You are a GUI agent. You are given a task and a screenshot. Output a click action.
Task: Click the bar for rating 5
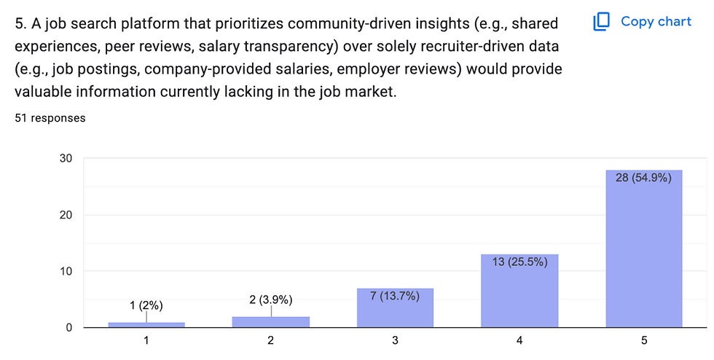coord(644,248)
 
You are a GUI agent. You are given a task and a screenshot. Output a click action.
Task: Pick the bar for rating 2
coord(270,322)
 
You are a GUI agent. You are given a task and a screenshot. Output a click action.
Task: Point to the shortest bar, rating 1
coord(146,325)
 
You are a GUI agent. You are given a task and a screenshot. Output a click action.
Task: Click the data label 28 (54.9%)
coord(643,177)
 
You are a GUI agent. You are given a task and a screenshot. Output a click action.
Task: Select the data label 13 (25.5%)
coord(519,262)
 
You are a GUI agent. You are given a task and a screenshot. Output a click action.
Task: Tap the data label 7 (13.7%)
coord(395,296)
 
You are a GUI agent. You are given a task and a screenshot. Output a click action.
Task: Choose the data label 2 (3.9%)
coord(270,300)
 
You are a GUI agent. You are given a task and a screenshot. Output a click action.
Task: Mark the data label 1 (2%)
coord(146,305)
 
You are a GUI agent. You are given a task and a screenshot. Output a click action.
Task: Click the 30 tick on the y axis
coord(66,158)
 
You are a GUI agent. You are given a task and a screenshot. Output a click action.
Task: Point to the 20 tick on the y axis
coord(66,215)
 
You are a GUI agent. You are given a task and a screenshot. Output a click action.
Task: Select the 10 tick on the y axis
coord(66,271)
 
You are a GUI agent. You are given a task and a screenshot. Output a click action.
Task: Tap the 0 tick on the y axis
coord(68,327)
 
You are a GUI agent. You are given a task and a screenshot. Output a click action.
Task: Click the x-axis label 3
coord(395,341)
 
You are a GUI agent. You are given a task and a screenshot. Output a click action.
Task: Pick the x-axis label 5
coord(644,341)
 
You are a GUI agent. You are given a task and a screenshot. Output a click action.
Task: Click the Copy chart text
coord(656,21)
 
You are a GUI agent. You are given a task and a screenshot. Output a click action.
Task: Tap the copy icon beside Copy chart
coord(601,21)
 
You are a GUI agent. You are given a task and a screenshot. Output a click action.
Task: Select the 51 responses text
coord(50,117)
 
